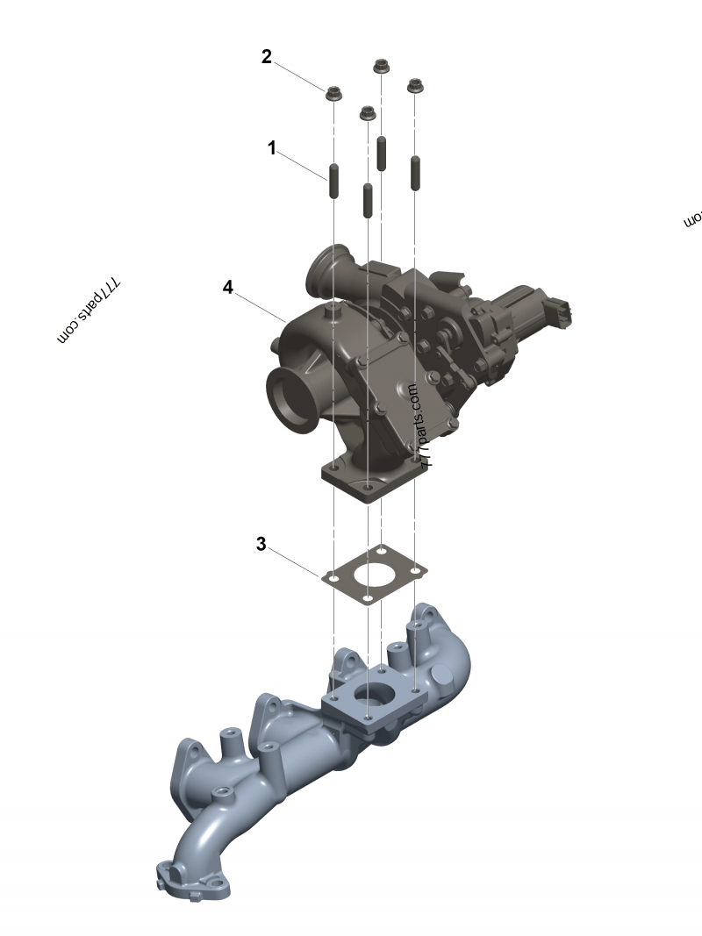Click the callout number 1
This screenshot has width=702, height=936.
click(272, 148)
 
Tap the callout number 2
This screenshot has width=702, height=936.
click(267, 57)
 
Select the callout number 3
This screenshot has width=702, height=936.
click(261, 544)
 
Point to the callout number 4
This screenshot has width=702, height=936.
click(228, 287)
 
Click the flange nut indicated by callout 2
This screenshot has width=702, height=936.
click(333, 93)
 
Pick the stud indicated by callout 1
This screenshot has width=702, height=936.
click(333, 180)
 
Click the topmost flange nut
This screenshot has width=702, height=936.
click(381, 66)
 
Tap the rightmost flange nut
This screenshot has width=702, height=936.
click(414, 86)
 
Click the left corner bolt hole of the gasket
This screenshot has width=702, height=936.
click(333, 578)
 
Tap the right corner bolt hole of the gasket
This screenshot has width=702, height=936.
click(414, 570)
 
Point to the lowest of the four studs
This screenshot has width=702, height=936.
click(368, 201)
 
